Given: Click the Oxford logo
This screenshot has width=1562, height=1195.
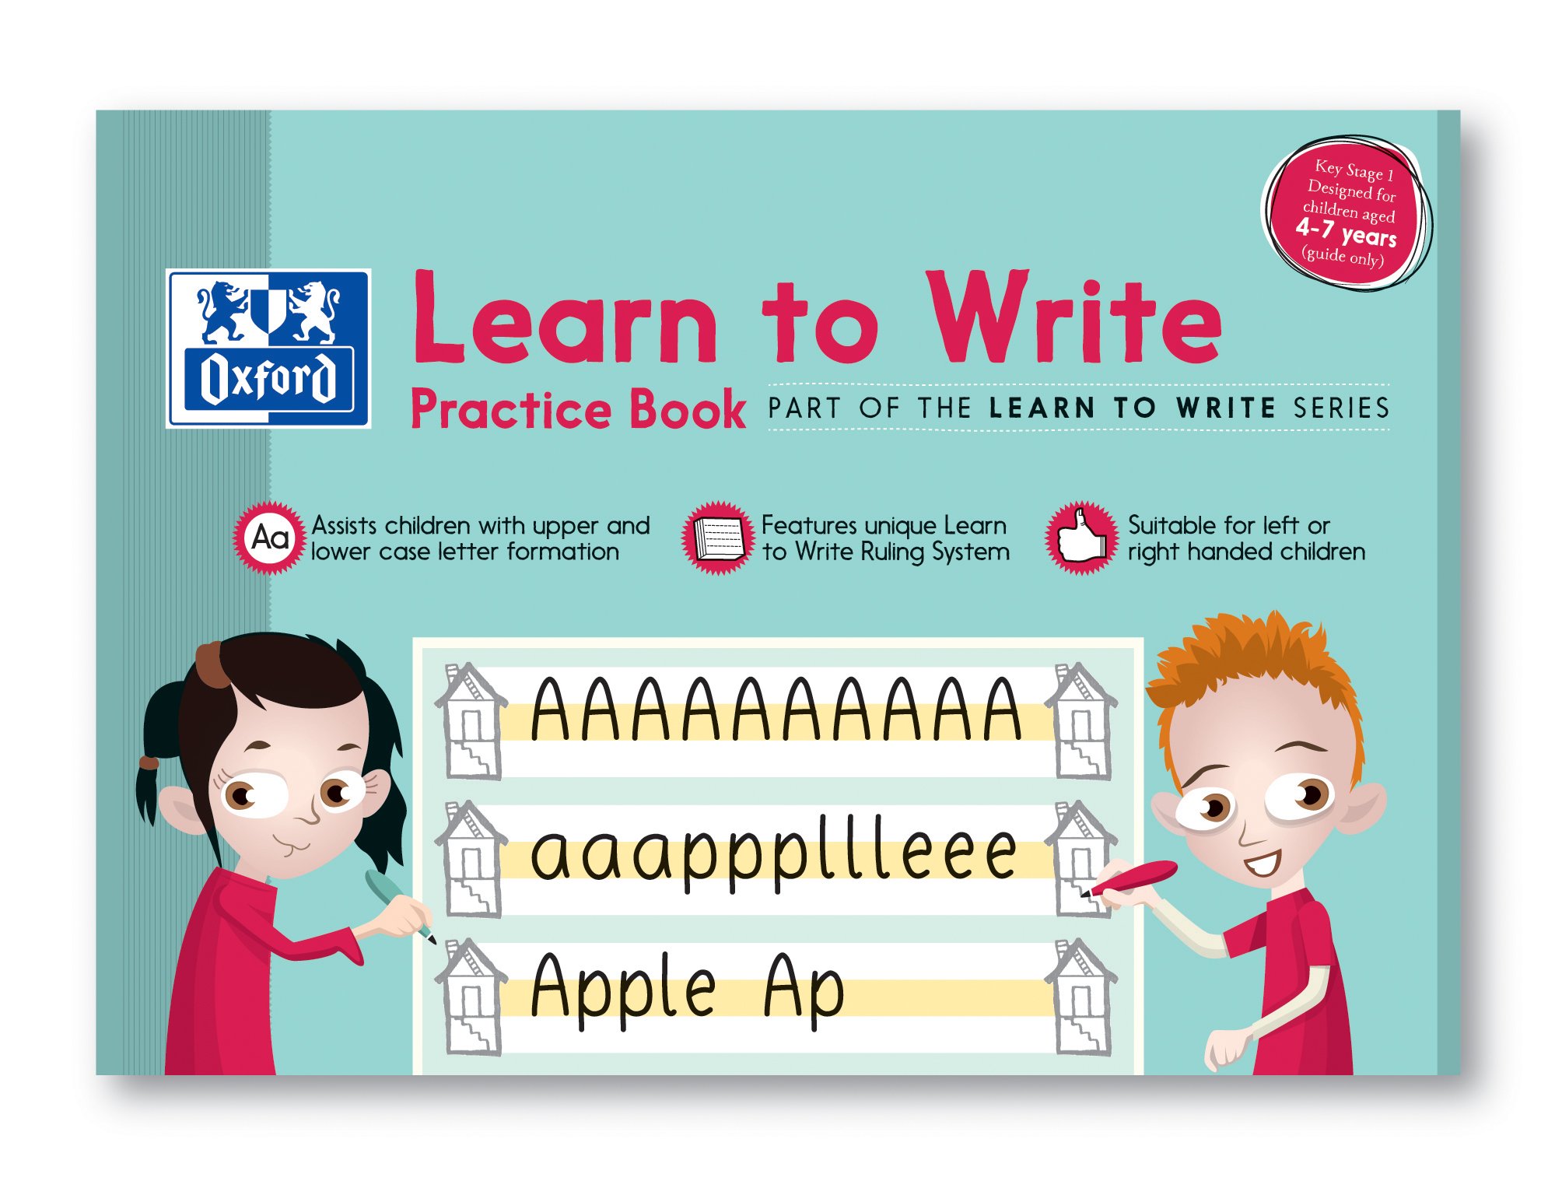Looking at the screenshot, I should [268, 349].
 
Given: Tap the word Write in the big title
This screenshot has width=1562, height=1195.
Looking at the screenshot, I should [1073, 319].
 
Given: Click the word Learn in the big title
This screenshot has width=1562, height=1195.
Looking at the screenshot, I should [564, 319].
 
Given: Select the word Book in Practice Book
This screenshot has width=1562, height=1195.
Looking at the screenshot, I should [688, 410].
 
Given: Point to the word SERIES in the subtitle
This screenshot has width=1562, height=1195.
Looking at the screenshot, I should [1341, 408].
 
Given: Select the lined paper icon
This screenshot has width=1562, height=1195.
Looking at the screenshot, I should [718, 538].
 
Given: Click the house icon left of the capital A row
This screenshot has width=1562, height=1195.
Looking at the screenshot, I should [471, 722].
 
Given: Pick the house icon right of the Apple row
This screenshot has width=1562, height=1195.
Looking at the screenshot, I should [1081, 997].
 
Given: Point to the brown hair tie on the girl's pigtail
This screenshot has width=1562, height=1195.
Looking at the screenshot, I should [148, 762].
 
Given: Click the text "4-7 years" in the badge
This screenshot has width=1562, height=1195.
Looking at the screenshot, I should [1346, 232].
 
